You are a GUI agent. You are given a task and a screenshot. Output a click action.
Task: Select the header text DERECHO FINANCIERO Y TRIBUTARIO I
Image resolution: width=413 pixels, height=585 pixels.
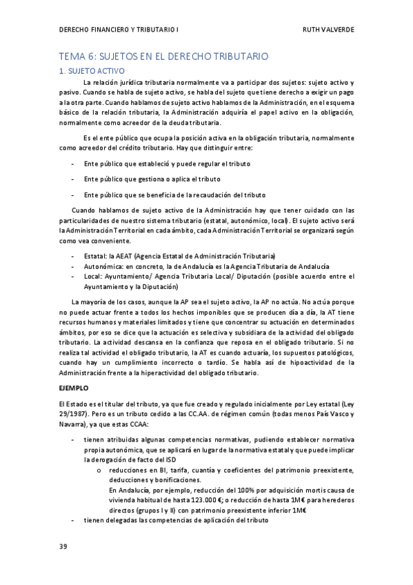click(118, 30)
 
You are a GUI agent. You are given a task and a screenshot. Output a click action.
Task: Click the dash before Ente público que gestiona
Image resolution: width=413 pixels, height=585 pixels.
click(73, 179)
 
